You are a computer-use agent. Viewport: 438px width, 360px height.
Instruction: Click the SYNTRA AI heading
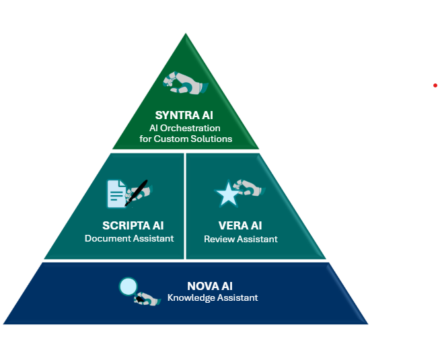[184, 115]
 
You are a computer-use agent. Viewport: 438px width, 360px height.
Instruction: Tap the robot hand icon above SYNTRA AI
[182, 83]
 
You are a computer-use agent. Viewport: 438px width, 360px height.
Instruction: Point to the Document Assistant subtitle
[129, 238]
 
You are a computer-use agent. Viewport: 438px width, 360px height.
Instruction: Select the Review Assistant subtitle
[241, 239]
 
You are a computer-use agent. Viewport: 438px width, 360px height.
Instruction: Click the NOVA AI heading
[210, 285]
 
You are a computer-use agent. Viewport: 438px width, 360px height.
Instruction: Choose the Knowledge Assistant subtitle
[213, 297]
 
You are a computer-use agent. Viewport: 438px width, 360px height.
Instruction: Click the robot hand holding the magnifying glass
[147, 299]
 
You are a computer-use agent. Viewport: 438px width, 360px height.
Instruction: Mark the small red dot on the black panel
[435, 85]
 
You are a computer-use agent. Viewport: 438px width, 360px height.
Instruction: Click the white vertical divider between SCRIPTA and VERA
[185, 205]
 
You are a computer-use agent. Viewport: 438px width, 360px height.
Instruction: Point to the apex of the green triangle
[185, 35]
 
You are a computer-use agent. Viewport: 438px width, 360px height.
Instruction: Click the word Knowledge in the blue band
[191, 297]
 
